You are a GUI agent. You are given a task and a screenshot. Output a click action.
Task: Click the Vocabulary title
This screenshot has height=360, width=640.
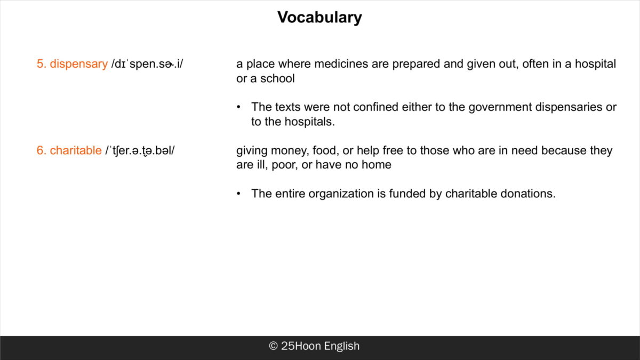point(319,18)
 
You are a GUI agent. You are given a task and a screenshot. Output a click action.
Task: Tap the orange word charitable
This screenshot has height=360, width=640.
point(76,150)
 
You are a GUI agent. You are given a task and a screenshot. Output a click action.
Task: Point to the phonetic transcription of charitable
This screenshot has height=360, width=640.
point(140,150)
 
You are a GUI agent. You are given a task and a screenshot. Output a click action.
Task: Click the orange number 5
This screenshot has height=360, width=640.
point(41,64)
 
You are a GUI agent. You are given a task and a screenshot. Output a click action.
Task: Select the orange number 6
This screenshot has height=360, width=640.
point(41,150)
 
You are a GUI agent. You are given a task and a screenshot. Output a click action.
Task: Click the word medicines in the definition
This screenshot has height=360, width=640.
point(341,63)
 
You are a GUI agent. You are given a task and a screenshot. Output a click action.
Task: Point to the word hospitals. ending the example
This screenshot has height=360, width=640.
point(309,122)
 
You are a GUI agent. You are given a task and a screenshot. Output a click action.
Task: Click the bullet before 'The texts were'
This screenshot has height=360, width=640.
point(238,107)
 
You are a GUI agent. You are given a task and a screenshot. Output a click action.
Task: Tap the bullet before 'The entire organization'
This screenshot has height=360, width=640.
point(238,194)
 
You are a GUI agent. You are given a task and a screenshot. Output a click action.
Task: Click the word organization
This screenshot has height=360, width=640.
point(341,194)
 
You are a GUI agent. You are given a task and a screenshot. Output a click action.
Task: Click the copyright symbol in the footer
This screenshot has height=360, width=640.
point(273,346)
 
